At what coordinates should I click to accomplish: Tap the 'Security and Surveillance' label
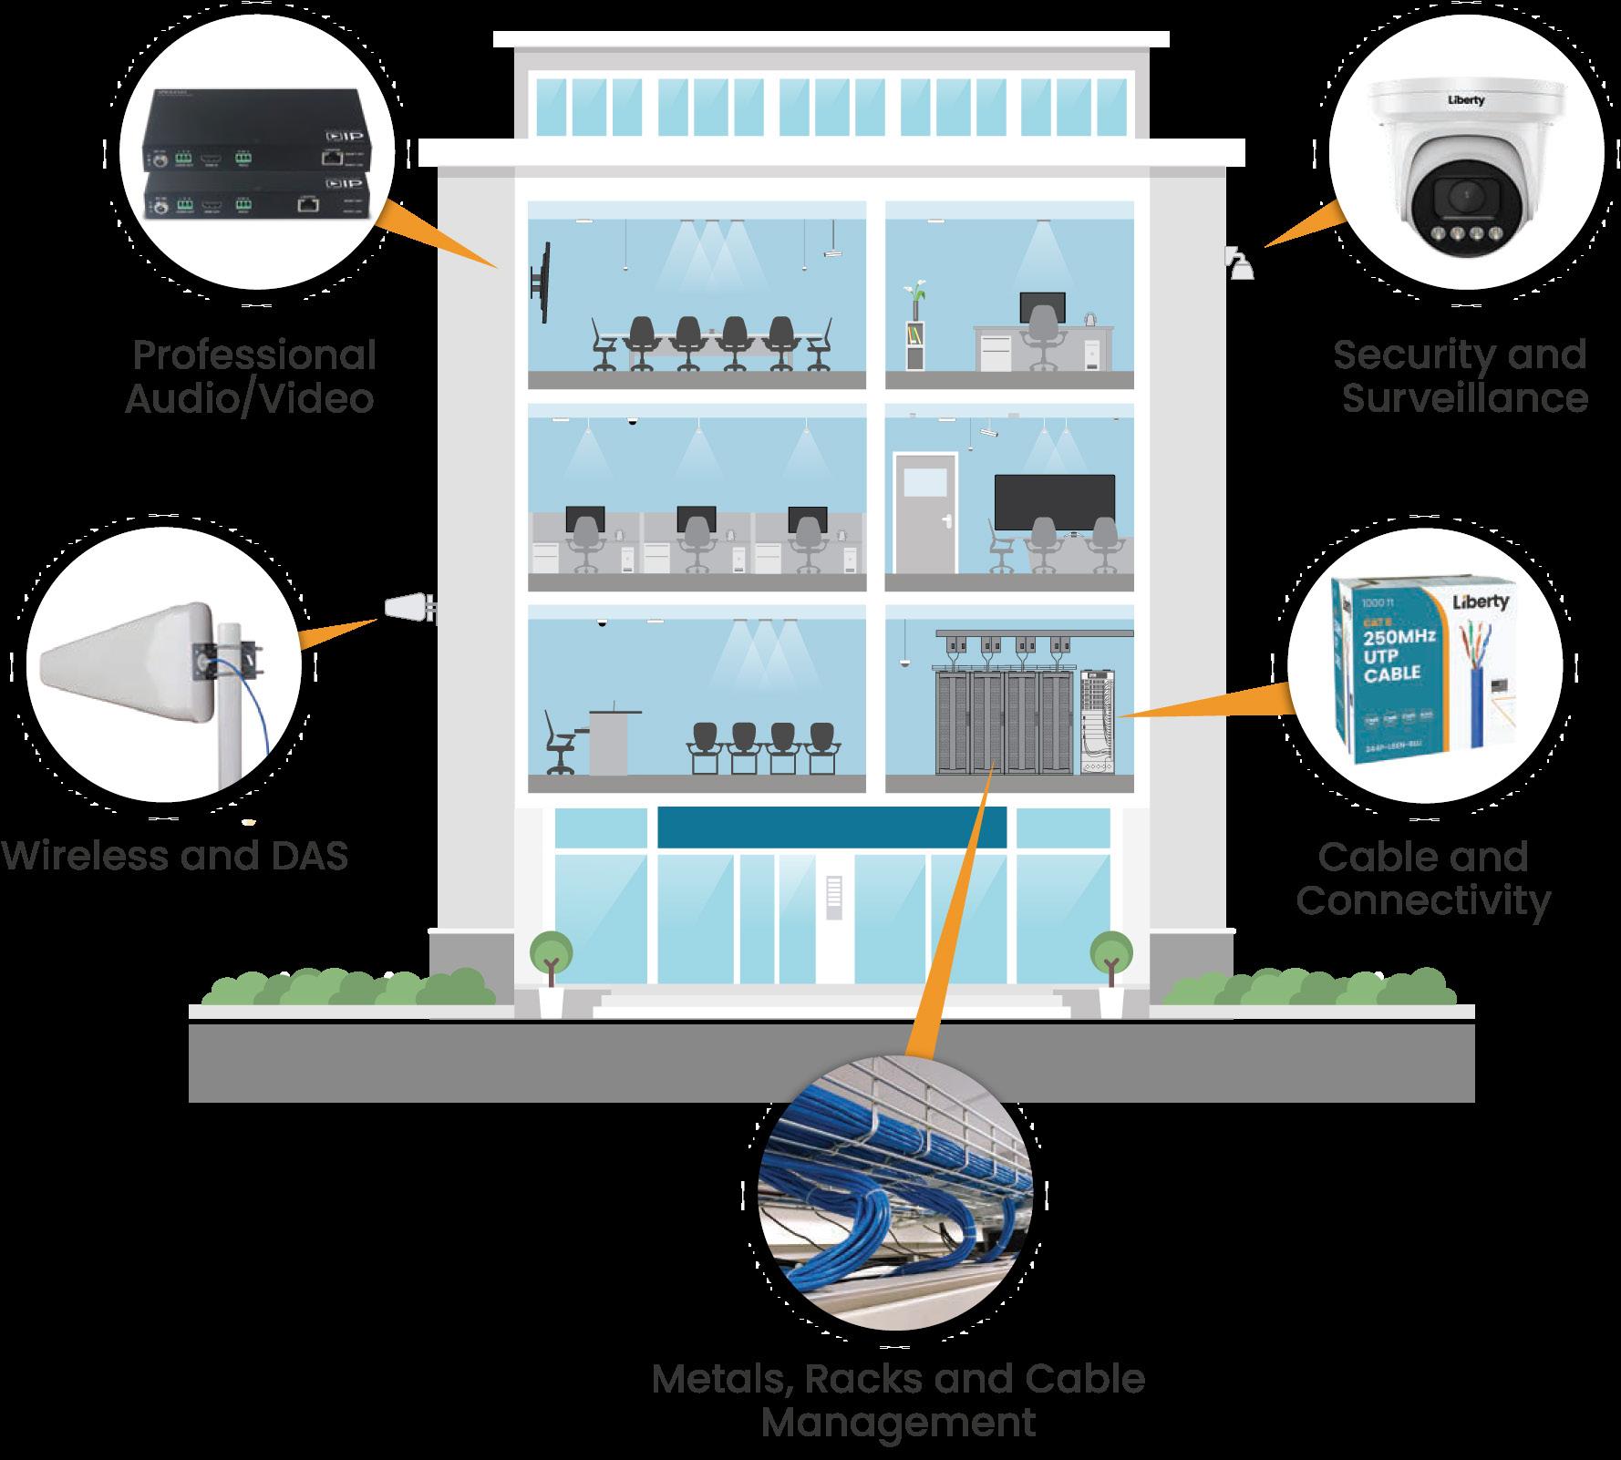tap(1461, 376)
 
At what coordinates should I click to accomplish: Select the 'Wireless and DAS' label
tap(174, 856)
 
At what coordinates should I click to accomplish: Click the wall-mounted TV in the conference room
tap(541, 282)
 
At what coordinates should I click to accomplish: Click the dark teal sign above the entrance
tap(831, 827)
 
